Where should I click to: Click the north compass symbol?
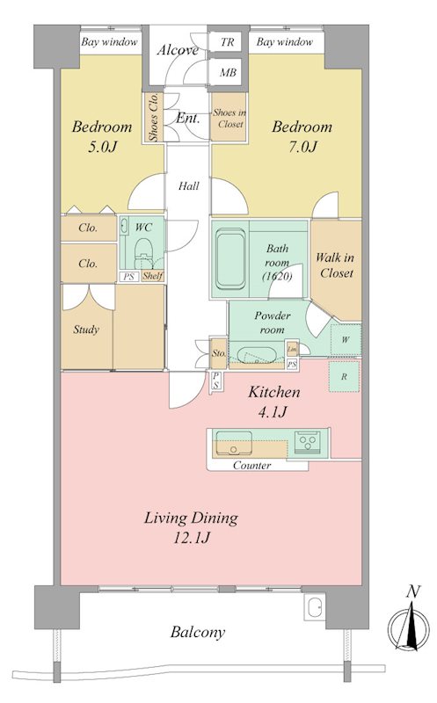(x=408, y=624)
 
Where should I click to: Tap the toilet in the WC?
(x=143, y=252)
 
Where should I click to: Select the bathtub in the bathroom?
(x=231, y=259)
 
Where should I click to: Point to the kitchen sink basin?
(x=234, y=444)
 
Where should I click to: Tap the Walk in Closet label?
(x=336, y=265)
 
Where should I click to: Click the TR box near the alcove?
(x=228, y=42)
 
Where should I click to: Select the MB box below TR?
(x=228, y=72)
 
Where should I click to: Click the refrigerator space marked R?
(x=344, y=377)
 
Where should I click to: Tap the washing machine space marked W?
(x=346, y=340)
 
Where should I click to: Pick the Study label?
(x=86, y=330)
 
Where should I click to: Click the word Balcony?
(x=198, y=633)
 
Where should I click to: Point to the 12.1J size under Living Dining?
(x=192, y=537)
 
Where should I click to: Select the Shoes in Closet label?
(x=229, y=119)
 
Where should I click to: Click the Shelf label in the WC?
(x=152, y=276)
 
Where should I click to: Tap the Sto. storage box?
(x=218, y=353)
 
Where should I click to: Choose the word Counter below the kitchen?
(x=251, y=466)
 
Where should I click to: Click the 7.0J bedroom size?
(x=302, y=147)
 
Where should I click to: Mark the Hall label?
(x=188, y=186)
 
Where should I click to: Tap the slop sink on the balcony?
(x=315, y=608)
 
